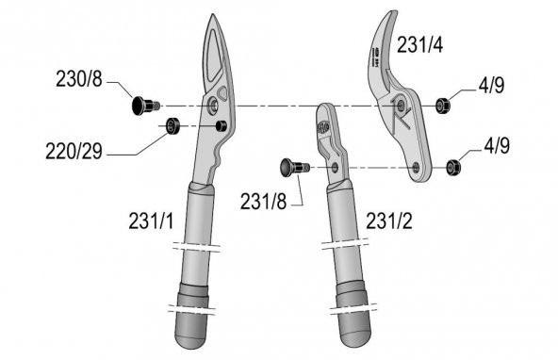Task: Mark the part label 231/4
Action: tap(421, 44)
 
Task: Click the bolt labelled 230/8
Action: tap(142, 105)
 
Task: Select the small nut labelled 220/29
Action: tap(172, 126)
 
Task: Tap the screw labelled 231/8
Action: tap(290, 167)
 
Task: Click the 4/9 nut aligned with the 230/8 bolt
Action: tap(442, 104)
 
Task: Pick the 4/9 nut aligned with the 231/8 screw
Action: tap(453, 167)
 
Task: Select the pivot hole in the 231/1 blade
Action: tap(217, 105)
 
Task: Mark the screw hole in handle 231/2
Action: tap(336, 167)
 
